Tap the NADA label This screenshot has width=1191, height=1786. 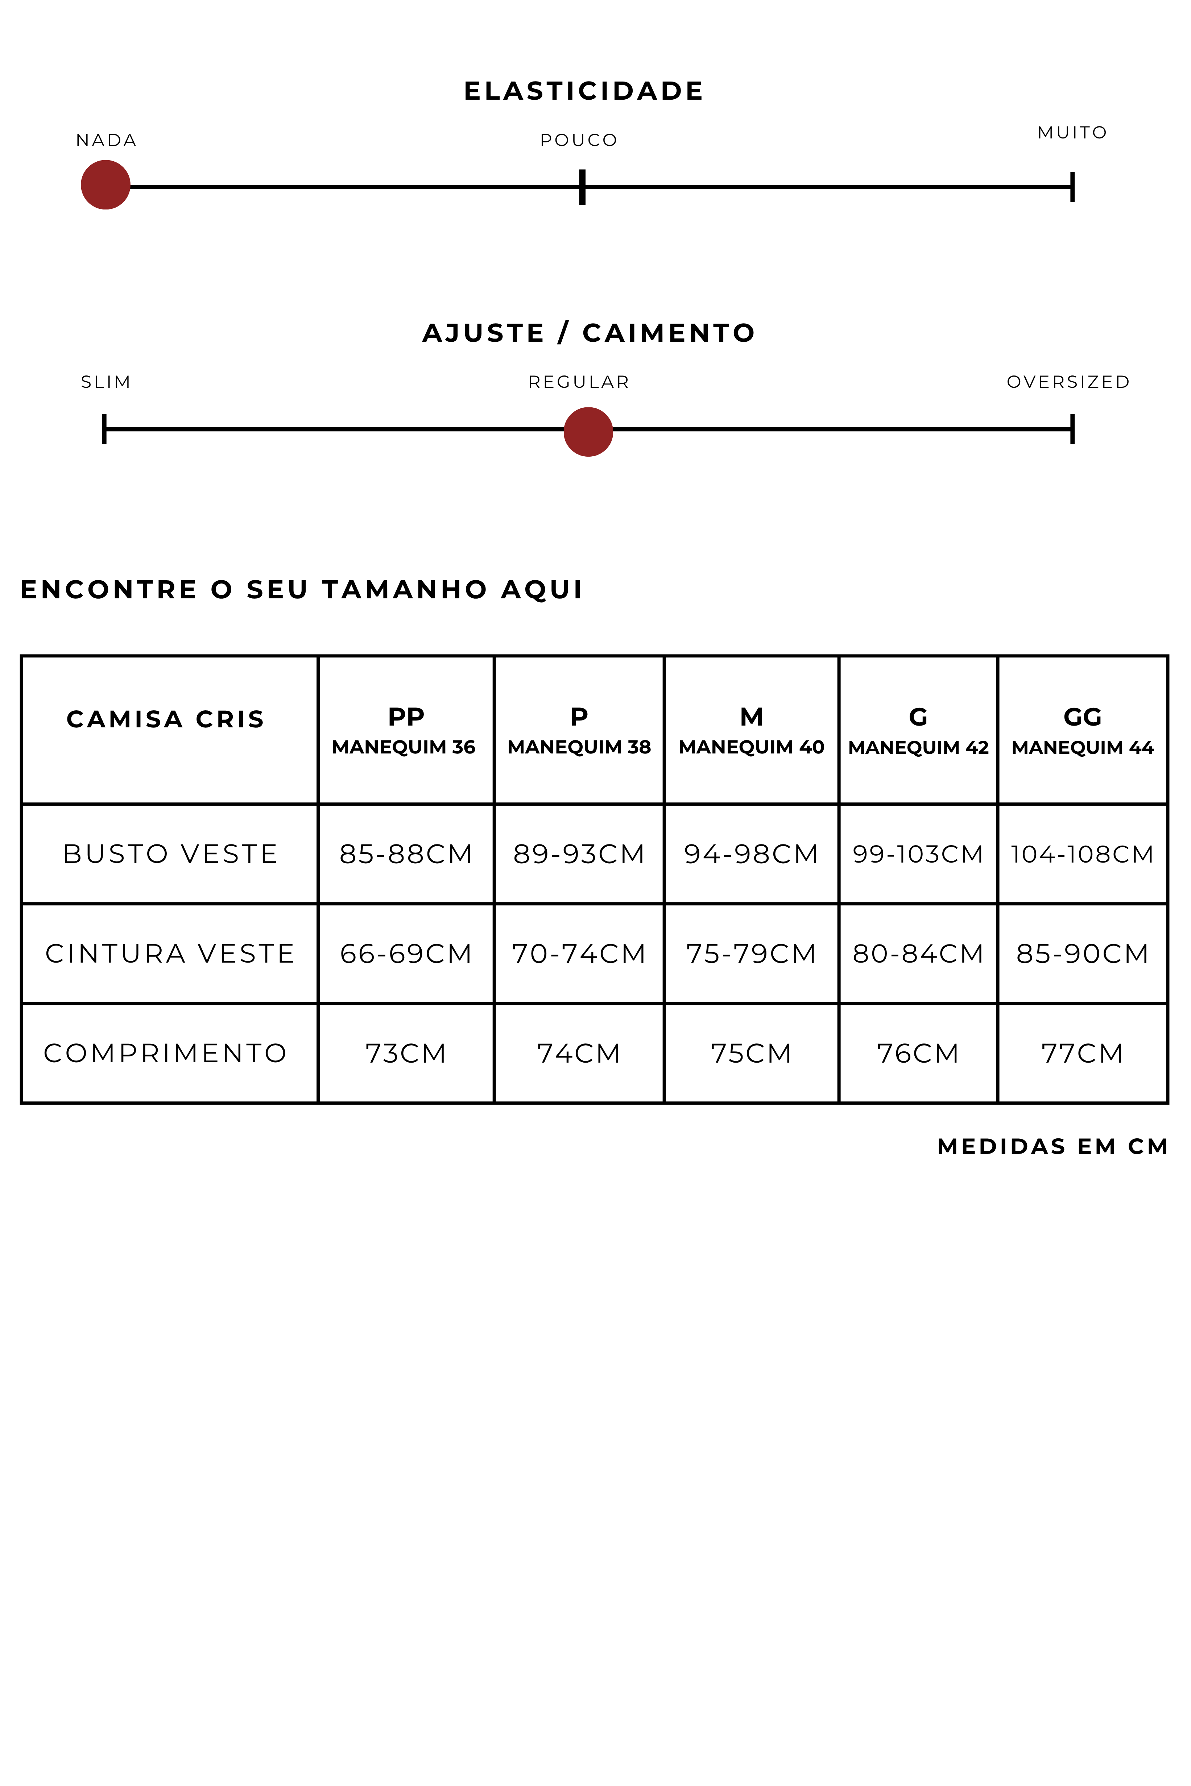coord(106,141)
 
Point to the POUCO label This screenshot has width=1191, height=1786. coord(579,141)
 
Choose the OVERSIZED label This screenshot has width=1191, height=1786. coord(1068,382)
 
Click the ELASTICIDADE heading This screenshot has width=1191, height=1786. coord(583,91)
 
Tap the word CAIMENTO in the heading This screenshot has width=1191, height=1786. coord(669,333)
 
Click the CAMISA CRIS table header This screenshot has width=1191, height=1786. coord(166,719)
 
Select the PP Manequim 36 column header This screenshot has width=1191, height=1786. coord(405,731)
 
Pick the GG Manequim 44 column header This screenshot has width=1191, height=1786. coord(1082,731)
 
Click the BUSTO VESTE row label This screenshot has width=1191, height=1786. coord(170,854)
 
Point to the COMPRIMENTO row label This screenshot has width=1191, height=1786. coord(166,1053)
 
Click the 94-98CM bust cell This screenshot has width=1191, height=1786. coord(750,854)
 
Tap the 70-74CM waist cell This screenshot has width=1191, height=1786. coord(579,954)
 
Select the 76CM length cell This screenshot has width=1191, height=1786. coord(918,1053)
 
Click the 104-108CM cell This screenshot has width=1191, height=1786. coord(1082,854)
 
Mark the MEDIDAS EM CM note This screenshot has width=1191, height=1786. coord(1052,1147)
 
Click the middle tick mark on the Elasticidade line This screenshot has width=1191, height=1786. coord(582,187)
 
